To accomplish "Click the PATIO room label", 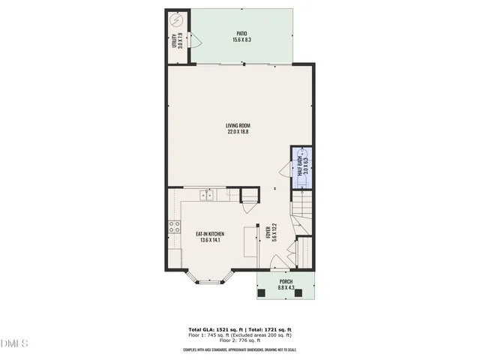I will click(241, 33).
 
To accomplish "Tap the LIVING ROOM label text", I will click(238, 125).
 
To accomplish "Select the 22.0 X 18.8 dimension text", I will click(238, 132).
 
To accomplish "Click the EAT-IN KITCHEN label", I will click(211, 234).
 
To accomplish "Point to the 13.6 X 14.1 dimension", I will click(211, 241).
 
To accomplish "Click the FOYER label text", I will click(268, 232).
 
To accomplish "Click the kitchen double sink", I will click(207, 196).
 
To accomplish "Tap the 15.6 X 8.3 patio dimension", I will click(241, 40).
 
